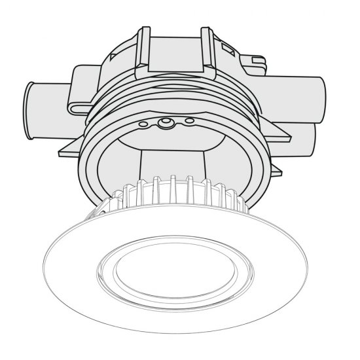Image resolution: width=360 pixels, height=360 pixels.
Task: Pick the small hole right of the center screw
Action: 189,120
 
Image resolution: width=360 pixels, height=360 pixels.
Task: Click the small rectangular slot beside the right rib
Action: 229,48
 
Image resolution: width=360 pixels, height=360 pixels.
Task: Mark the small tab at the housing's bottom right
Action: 276,171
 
